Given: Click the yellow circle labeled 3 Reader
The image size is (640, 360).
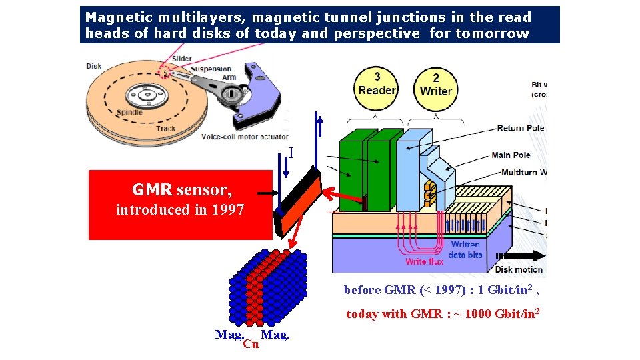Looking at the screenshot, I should (377, 84).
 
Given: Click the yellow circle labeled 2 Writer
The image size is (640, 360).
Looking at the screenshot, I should (436, 84).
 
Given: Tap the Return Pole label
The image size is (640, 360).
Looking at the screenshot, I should (521, 128).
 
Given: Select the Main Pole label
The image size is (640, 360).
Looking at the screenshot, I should (511, 155).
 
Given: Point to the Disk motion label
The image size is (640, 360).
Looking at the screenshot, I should (519, 270).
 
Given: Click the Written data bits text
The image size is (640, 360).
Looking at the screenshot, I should (465, 250).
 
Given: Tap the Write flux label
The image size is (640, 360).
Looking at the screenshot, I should (424, 261).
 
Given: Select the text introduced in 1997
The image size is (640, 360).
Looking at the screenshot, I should (180, 210).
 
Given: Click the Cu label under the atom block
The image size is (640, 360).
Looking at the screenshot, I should (251, 344).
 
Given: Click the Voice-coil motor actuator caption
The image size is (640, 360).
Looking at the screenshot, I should (245, 137).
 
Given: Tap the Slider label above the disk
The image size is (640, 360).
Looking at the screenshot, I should (181, 59).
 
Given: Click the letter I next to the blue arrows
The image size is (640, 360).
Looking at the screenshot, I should (291, 154).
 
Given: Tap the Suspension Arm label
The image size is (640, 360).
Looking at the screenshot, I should (211, 73).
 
